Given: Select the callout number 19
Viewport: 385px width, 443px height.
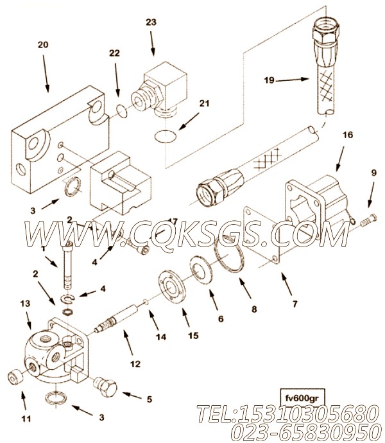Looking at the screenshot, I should [x=269, y=80].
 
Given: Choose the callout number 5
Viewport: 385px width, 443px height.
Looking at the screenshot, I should [x=149, y=399].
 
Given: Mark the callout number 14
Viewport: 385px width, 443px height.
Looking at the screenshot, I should [x=160, y=336].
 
